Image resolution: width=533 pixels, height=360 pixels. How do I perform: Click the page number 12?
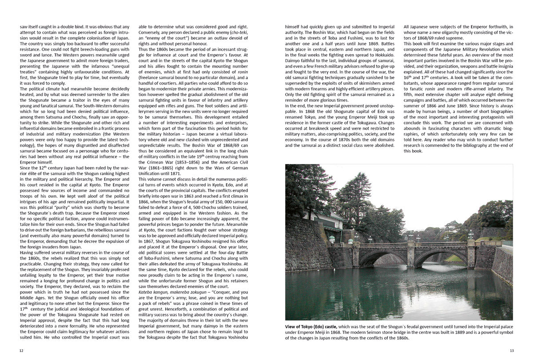21,351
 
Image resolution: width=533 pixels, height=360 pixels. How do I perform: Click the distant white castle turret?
453,224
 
